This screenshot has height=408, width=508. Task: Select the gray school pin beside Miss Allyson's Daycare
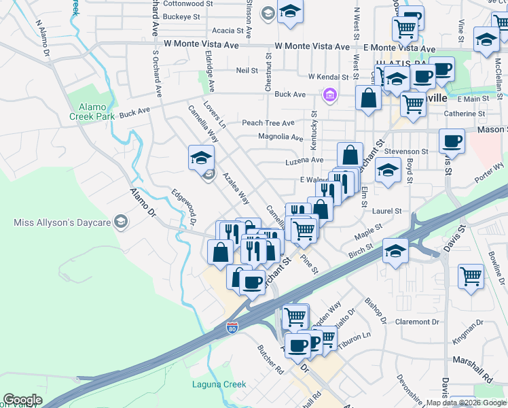pyautogui.click(x=120, y=222)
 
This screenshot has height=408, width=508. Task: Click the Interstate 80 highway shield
pyautogui.click(x=232, y=328)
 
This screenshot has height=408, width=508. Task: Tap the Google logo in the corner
pyautogui.click(x=22, y=400)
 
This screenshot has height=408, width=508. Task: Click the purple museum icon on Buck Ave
pyautogui.click(x=330, y=95)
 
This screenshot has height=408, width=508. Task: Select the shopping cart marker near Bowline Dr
pyautogui.click(x=471, y=276)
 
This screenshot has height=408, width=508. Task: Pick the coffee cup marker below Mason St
pyautogui.click(x=452, y=142)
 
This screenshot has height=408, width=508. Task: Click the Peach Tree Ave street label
pyautogui.click(x=269, y=123)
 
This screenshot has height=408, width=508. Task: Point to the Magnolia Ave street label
pyautogui.click(x=280, y=137)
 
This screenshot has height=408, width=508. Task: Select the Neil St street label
pyautogui.click(x=247, y=71)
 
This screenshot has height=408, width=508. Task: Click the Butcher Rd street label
pyautogui.click(x=270, y=359)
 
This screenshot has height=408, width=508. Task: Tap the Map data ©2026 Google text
pyautogui.click(x=466, y=403)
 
